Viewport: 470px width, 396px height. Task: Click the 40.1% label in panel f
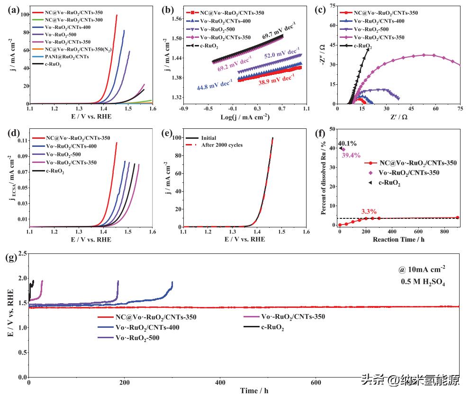347,144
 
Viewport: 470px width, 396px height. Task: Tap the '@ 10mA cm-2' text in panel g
422,270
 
